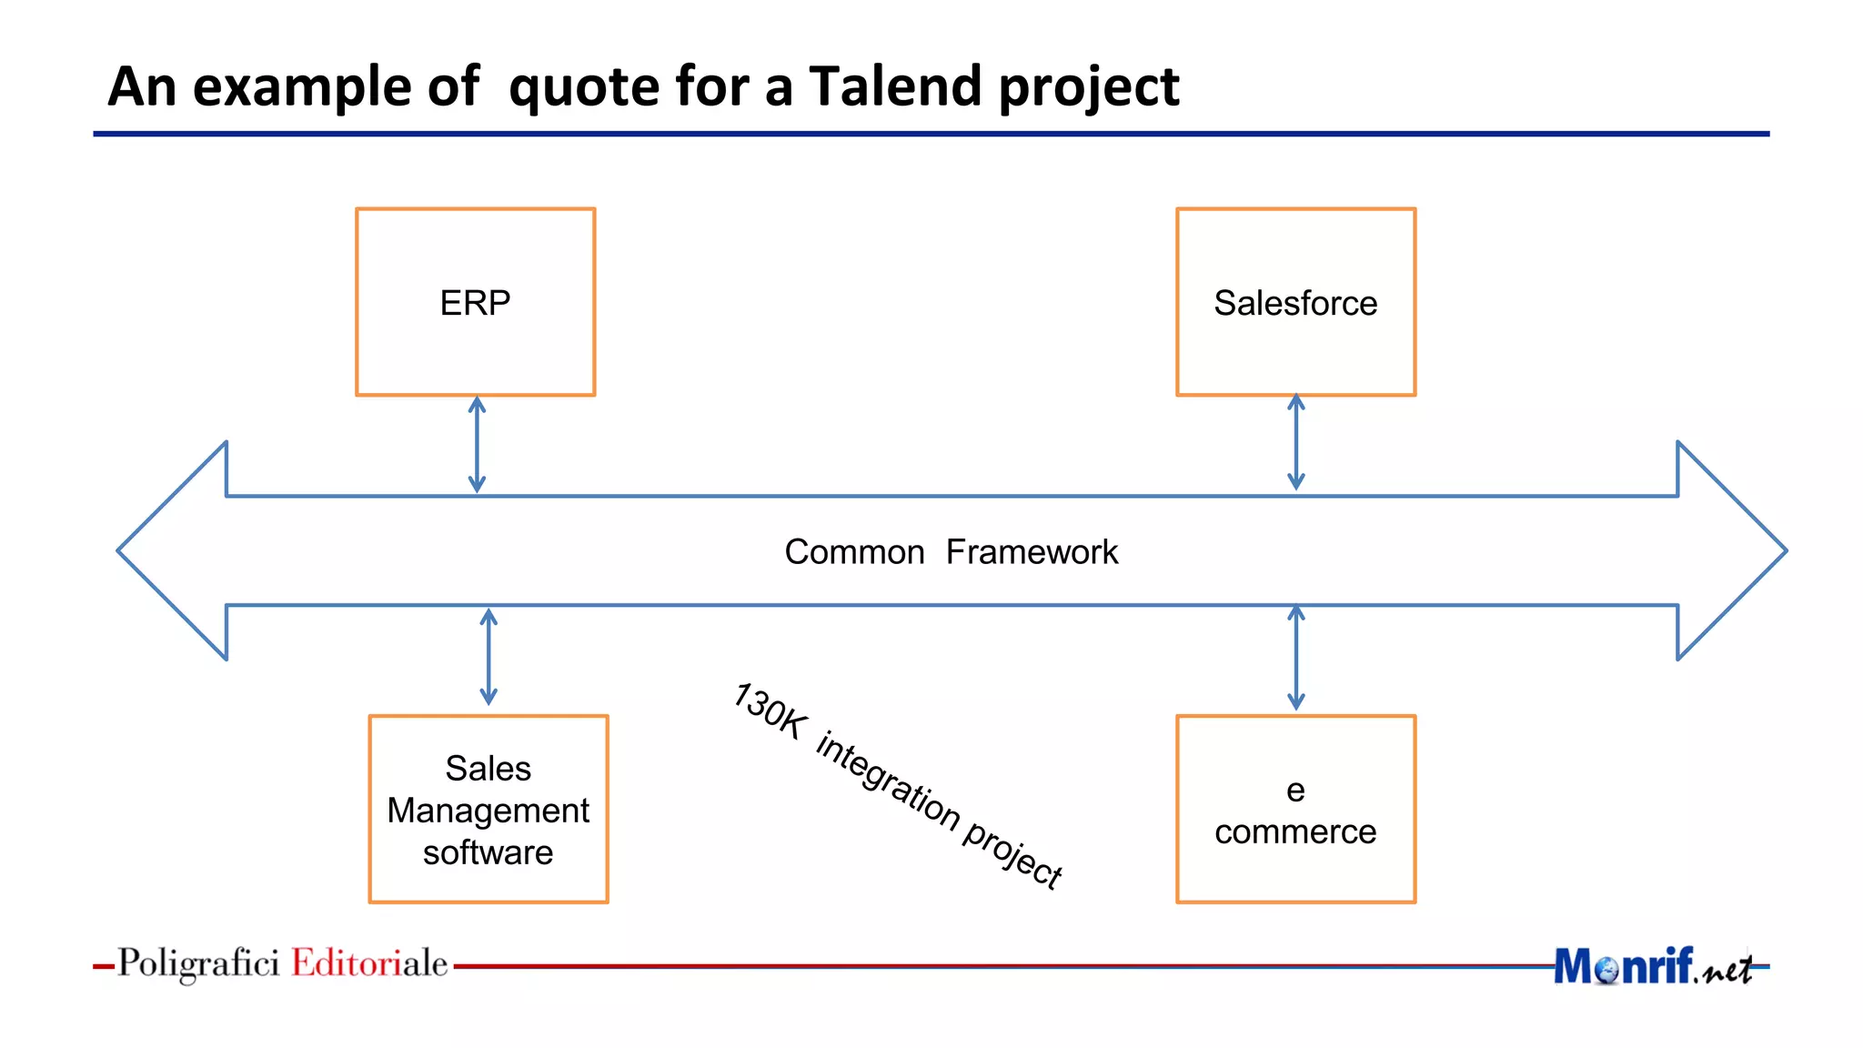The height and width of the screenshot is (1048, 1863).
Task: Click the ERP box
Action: click(x=475, y=302)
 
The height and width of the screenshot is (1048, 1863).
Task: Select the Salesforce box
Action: click(x=1295, y=302)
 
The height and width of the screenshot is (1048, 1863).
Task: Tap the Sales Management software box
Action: click(x=488, y=809)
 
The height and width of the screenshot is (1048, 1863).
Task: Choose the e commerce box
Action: click(x=1295, y=809)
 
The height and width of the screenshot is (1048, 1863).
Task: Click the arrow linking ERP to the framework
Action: click(x=477, y=445)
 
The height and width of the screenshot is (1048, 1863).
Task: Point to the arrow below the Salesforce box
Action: click(x=1296, y=442)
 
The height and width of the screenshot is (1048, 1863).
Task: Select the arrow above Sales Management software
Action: click(x=488, y=657)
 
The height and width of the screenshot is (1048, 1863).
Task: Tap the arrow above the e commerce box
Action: click(x=1296, y=658)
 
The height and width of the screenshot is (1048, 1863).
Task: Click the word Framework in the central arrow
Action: click(x=1032, y=552)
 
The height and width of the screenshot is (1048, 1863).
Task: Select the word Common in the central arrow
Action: click(x=854, y=552)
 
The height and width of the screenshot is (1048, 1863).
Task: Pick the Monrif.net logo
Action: click(x=1652, y=966)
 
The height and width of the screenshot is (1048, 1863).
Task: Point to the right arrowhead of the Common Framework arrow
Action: click(x=1728, y=550)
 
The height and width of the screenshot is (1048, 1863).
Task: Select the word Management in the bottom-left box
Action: click(x=488, y=810)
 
